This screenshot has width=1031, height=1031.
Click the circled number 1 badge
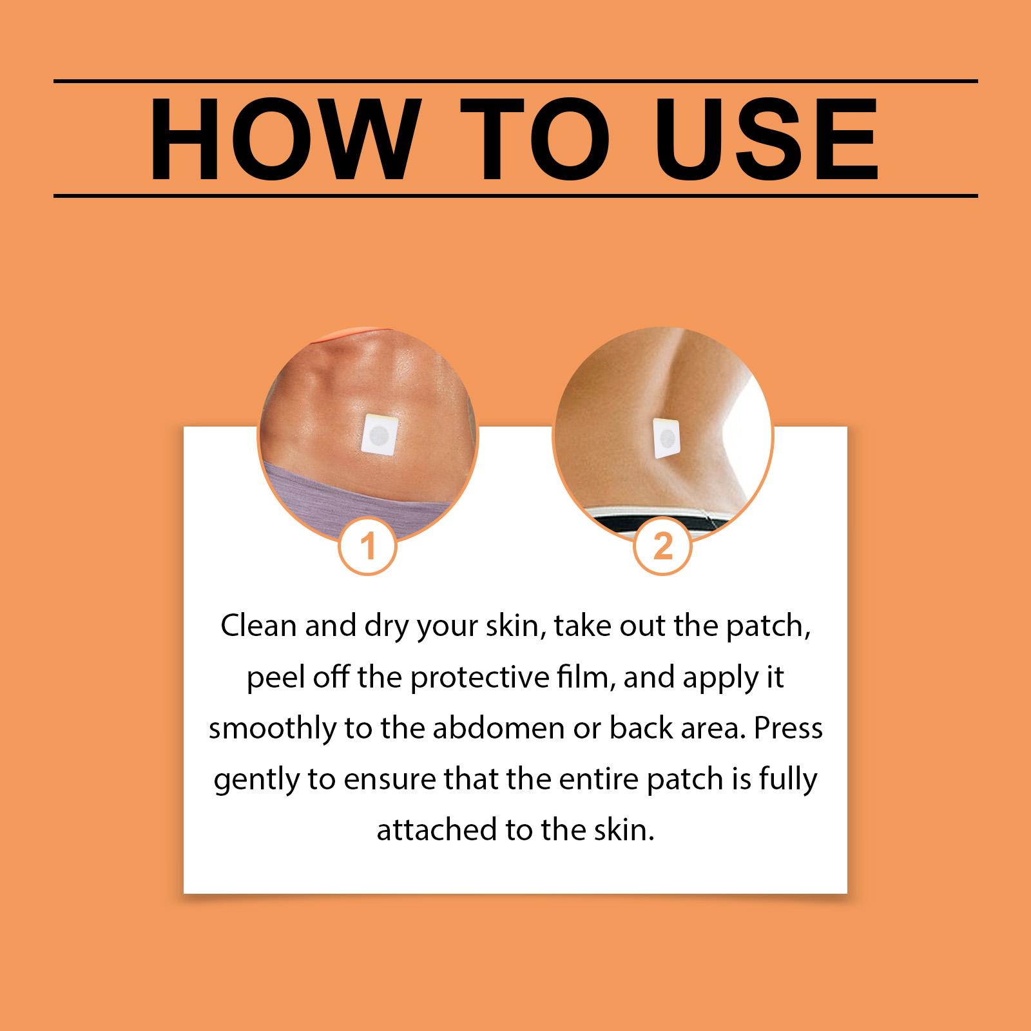(x=368, y=547)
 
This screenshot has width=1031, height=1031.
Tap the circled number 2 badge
(x=663, y=547)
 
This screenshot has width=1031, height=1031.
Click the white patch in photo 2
(x=668, y=439)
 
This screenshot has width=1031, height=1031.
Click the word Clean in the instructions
(x=258, y=627)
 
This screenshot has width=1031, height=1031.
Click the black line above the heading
(x=515, y=81)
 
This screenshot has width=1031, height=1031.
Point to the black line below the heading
(x=515, y=195)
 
